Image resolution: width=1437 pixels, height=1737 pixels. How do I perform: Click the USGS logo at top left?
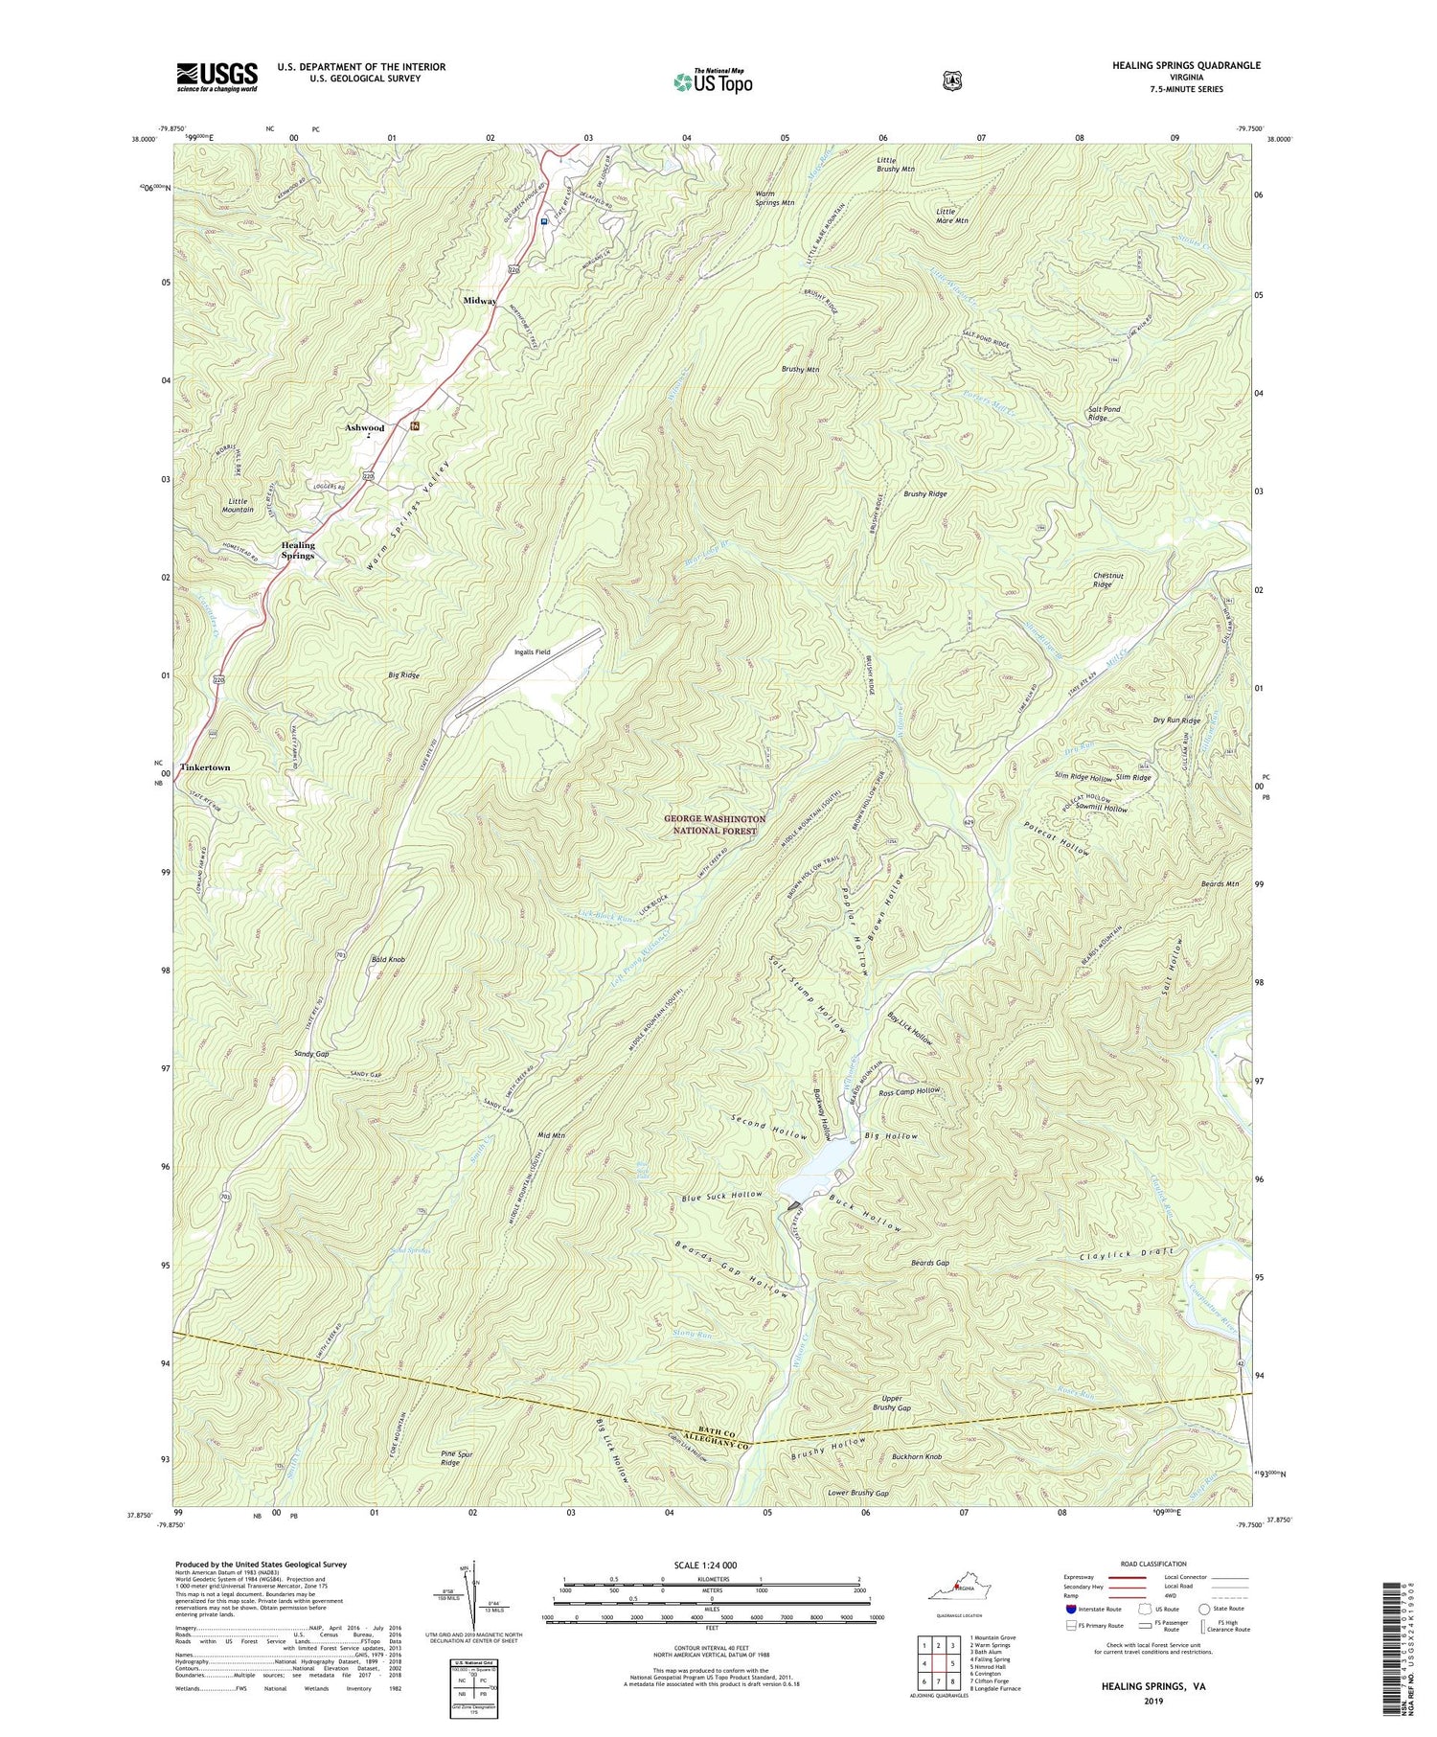217,77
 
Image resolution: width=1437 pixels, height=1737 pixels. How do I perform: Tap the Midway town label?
480,301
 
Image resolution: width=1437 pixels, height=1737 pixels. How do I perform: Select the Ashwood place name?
364,428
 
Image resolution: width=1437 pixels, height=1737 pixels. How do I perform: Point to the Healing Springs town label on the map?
298,551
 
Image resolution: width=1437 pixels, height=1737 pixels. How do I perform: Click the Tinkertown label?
205,768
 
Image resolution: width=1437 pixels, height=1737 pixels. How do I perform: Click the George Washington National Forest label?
715,825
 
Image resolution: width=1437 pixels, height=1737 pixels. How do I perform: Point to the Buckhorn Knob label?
917,1457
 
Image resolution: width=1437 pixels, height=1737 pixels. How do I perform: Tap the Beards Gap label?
929,1264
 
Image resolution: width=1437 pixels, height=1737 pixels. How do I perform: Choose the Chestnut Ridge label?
1108,581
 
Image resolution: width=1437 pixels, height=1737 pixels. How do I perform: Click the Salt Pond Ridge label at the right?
1104,414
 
